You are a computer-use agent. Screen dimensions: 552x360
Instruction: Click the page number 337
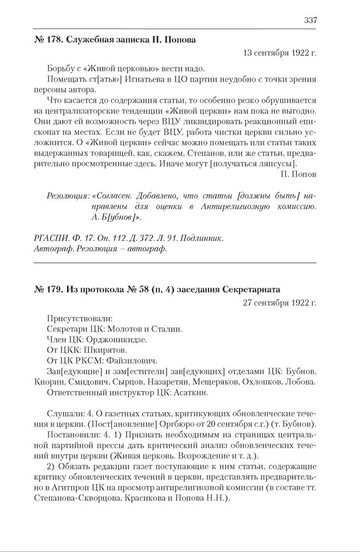pos(310,20)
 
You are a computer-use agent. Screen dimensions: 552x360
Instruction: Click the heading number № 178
pos(41,40)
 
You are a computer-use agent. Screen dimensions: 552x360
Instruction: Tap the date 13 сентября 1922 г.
pos(279,53)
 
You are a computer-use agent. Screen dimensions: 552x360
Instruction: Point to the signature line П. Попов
pos(298,174)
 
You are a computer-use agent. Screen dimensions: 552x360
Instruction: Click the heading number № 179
pos(41,289)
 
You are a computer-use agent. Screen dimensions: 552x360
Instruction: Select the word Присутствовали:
pos(80,318)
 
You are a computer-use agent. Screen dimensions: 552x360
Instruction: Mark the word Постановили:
pos(76,434)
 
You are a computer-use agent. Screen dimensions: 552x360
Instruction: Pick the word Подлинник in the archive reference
pos(203,238)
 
